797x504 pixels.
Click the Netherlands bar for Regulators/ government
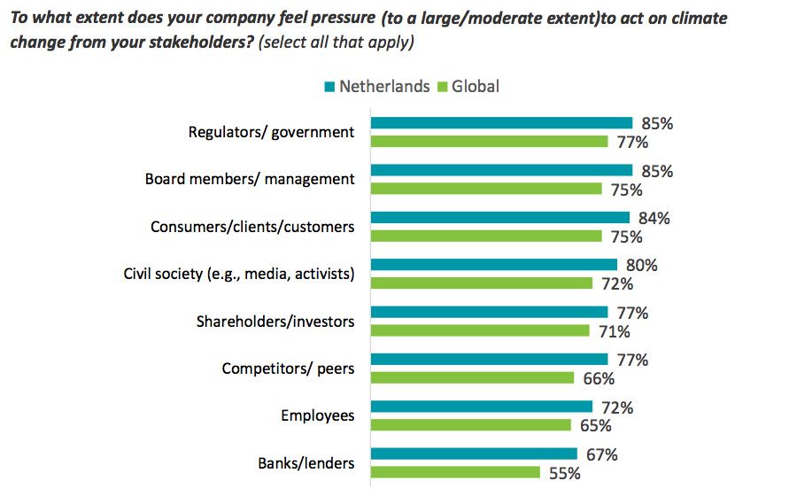tap(501, 123)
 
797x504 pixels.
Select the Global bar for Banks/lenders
tap(455, 473)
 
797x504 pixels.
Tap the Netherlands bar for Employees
tap(481, 407)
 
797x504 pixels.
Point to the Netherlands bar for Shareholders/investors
tap(489, 312)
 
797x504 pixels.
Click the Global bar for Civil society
tap(481, 283)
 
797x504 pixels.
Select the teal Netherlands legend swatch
tap(329, 86)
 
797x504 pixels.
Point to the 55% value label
tap(564, 474)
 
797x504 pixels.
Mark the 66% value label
tap(599, 379)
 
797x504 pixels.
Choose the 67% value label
tap(601, 455)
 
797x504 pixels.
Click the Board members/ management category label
tap(250, 179)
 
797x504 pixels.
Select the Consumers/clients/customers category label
tap(252, 227)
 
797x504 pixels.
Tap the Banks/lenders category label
tap(306, 463)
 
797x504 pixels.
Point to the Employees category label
tap(317, 415)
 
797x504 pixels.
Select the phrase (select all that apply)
tap(337, 42)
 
